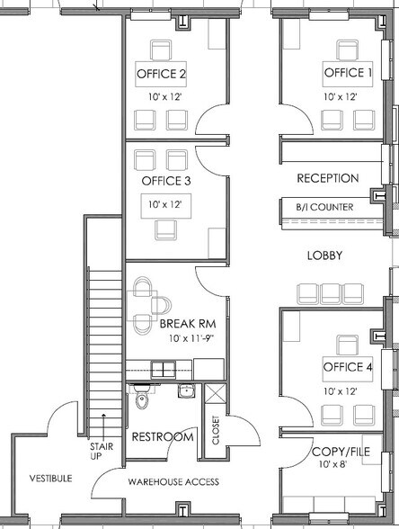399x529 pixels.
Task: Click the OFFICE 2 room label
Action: [x=161, y=74]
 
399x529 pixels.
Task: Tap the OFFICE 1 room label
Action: [x=348, y=73]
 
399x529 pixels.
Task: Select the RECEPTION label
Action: [x=328, y=178]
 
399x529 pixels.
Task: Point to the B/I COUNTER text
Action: [x=325, y=207]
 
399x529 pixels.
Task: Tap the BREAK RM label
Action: [x=188, y=324]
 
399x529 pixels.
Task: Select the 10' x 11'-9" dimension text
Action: [x=191, y=338]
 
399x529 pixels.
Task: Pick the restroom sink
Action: [x=186, y=391]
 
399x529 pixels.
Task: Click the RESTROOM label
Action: [x=163, y=437]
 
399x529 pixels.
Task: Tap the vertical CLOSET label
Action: [x=216, y=430]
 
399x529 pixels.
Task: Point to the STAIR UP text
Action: [x=101, y=452]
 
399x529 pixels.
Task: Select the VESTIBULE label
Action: [x=50, y=479]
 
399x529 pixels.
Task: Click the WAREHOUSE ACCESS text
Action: [x=173, y=482]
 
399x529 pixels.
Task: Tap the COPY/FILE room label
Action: [x=341, y=452]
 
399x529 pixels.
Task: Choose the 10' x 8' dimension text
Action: [x=332, y=464]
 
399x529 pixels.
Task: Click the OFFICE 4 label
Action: [x=348, y=367]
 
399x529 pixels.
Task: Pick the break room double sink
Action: [x=164, y=369]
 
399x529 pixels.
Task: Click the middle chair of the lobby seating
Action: [x=331, y=294]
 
